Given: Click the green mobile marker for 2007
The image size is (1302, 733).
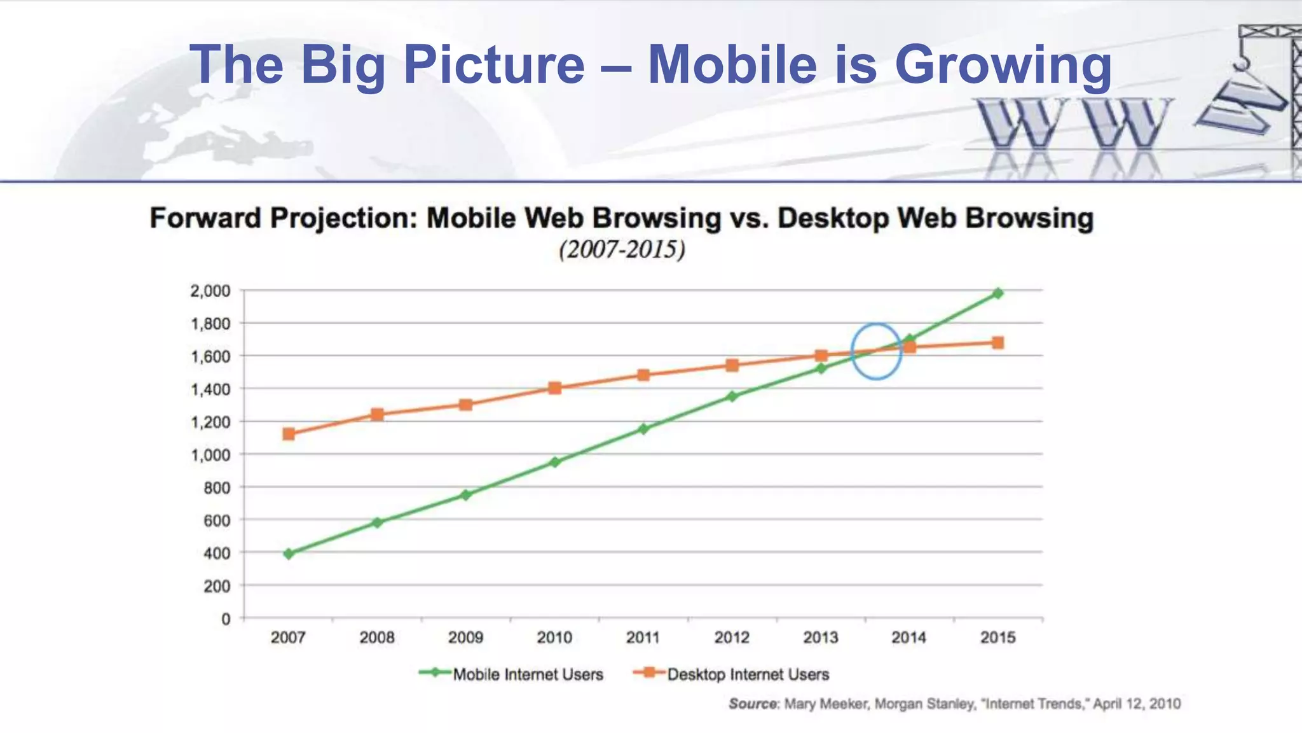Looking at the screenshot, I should (289, 554).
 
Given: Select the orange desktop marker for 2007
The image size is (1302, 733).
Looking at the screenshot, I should (289, 434).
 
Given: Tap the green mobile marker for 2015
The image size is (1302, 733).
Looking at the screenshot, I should (998, 293).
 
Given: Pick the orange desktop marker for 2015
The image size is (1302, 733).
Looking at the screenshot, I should (998, 343).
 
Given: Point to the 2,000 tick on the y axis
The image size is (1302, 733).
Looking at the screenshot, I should (210, 291).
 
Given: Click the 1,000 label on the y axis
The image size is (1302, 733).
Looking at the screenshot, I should (210, 455).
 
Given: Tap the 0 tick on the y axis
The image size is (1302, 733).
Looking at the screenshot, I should (226, 618).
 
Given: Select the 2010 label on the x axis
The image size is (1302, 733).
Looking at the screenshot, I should (554, 637).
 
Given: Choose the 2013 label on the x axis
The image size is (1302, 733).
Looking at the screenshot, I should (820, 637).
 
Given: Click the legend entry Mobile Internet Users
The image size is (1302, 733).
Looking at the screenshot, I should (527, 674).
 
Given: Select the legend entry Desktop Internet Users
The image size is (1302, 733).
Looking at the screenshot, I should (748, 674).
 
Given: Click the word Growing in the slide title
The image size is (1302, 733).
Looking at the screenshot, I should (1003, 65).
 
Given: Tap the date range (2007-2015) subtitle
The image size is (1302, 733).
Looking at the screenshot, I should (622, 249).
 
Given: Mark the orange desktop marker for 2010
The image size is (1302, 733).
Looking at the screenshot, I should (554, 388).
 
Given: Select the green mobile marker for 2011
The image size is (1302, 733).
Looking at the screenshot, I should (643, 429).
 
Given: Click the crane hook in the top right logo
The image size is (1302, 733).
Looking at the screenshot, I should (1240, 64).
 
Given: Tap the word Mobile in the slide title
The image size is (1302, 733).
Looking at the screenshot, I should (732, 65).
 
